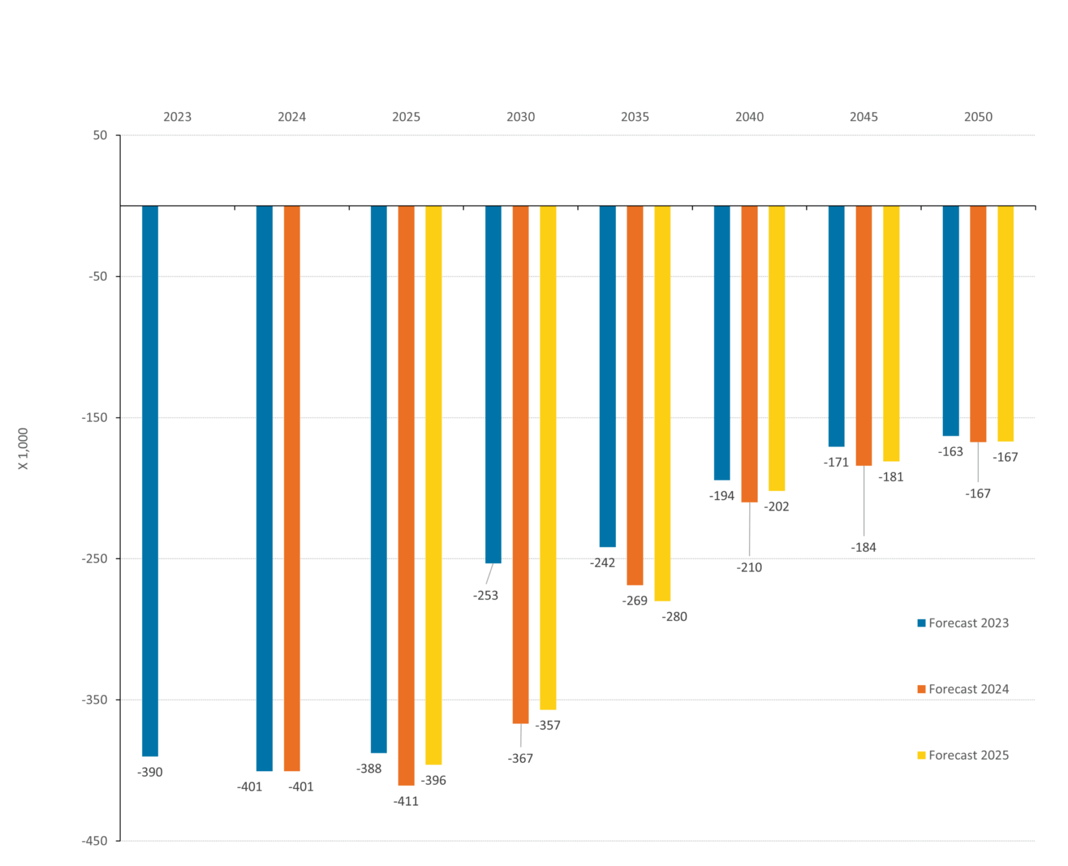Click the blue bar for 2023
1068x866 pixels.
150,481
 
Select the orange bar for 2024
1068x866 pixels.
292,488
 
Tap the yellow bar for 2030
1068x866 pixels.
548,457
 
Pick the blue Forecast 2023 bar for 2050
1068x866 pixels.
951,321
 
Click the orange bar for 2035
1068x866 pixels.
635,395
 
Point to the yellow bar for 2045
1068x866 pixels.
891,333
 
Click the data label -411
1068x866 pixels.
406,801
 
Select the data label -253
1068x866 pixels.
485,595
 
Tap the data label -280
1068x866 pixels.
675,617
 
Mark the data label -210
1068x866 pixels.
749,567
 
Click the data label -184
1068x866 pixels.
863,547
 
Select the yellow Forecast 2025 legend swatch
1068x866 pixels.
921,755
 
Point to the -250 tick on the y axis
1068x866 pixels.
94,559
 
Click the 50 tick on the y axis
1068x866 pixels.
100,135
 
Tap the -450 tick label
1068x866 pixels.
94,840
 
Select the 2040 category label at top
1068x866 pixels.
749,117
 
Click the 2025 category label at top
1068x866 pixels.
406,117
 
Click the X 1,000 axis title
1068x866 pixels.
23,449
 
